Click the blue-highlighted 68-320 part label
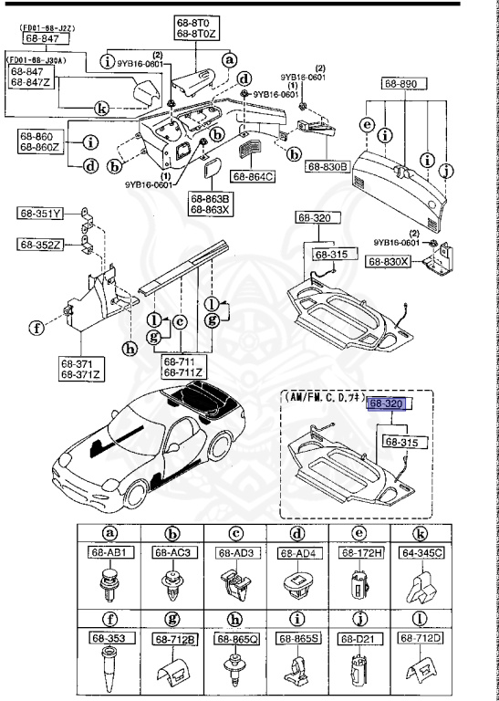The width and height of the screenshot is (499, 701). pyautogui.click(x=390, y=403)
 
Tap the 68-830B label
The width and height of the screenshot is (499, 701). pyautogui.click(x=327, y=167)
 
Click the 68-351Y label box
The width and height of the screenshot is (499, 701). pyautogui.click(x=40, y=214)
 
